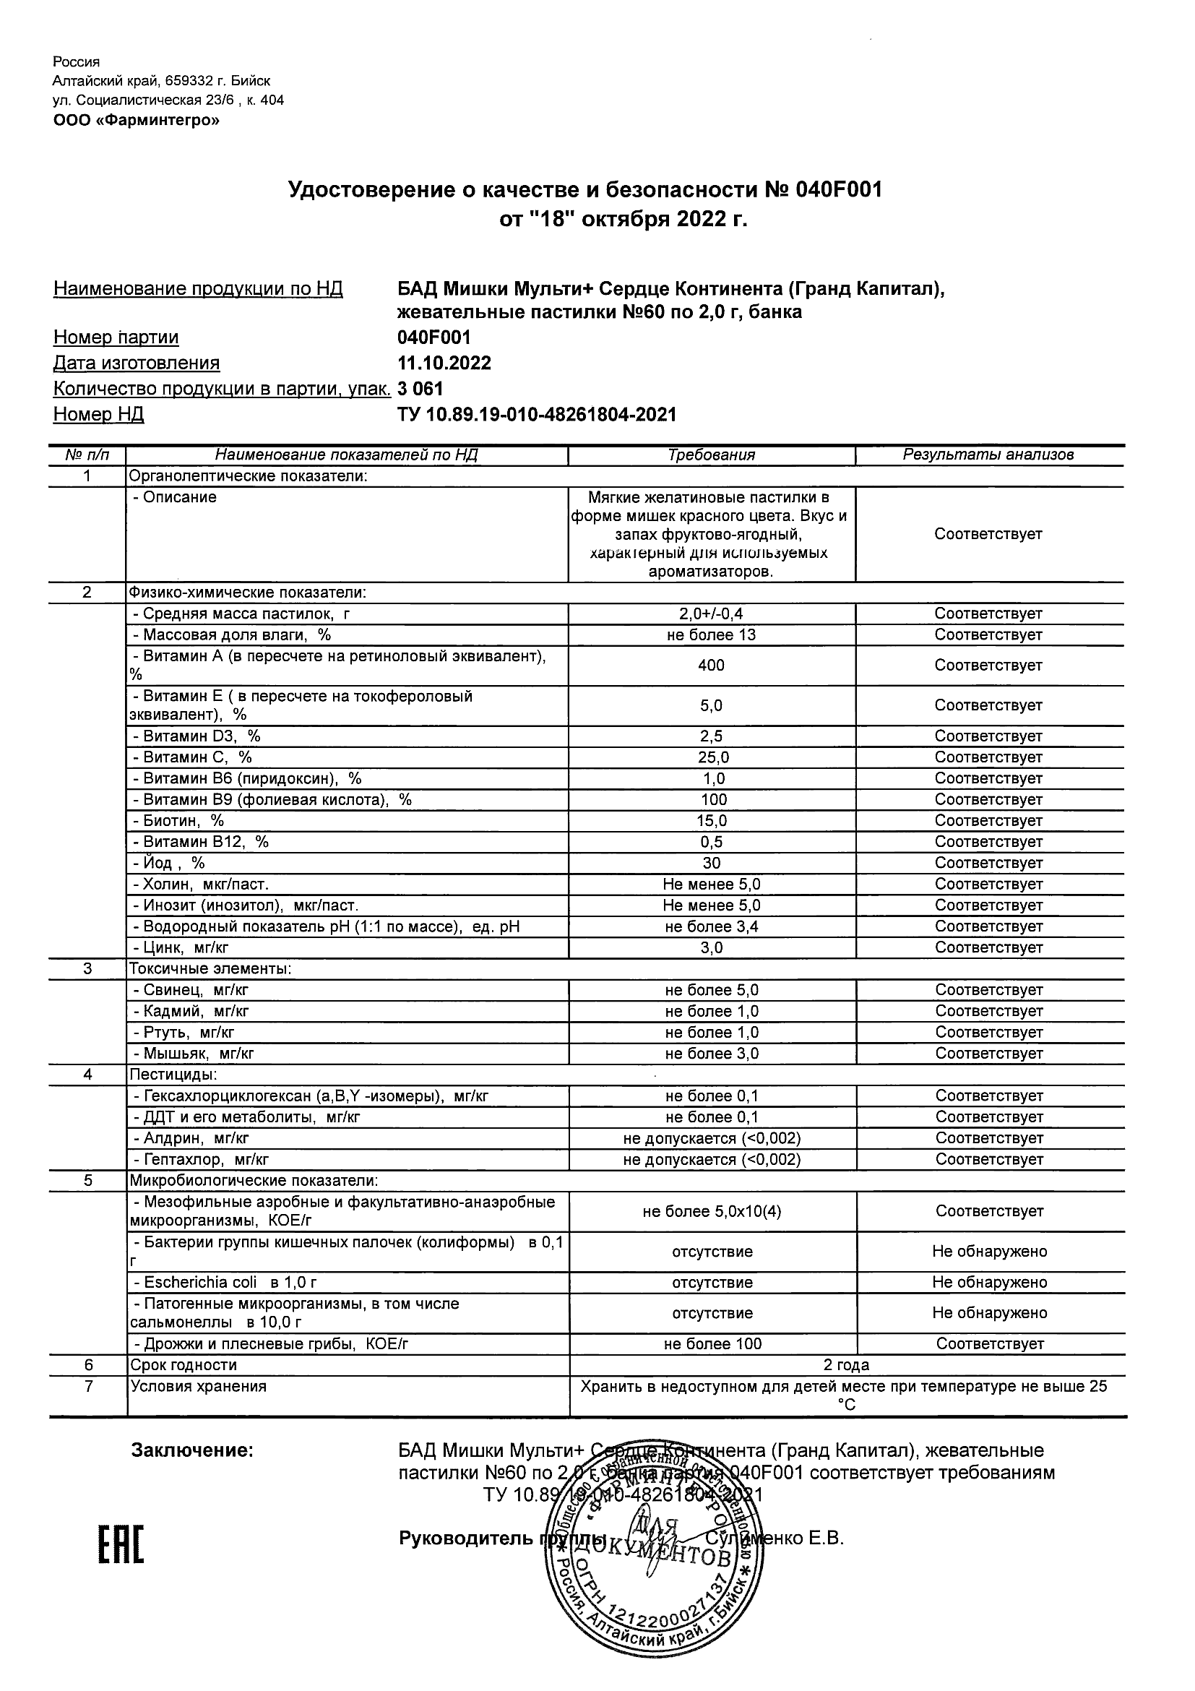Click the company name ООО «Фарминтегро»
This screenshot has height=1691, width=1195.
(x=137, y=120)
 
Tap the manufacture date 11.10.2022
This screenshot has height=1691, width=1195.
(x=444, y=363)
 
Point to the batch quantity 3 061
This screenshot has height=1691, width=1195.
(x=420, y=389)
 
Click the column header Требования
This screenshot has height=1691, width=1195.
(x=711, y=455)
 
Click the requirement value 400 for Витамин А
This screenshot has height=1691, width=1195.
(x=711, y=666)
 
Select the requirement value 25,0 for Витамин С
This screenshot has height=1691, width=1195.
(x=712, y=757)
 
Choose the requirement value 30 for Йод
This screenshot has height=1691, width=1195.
(x=712, y=863)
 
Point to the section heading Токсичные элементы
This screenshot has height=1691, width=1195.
(x=210, y=969)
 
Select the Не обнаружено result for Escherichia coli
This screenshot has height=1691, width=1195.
(x=990, y=1282)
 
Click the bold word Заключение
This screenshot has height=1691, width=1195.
(x=192, y=1451)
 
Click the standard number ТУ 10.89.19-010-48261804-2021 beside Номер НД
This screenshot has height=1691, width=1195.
(x=536, y=415)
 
